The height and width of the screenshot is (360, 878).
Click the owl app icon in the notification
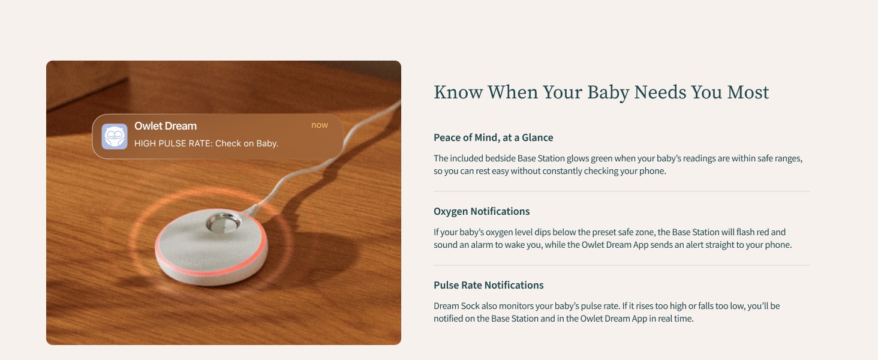[115, 136]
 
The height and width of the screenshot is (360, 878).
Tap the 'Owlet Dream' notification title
[166, 126]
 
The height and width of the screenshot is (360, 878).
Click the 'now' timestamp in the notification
[320, 125]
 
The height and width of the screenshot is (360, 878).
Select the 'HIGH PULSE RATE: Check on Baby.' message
[206, 143]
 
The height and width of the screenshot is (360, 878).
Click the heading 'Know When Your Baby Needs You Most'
[601, 92]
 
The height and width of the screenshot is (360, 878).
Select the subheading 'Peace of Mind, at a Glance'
[493, 137]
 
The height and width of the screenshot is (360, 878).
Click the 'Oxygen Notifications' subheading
[482, 211]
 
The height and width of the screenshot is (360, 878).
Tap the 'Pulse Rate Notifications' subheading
[488, 285]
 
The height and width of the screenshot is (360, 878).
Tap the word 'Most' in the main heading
[748, 92]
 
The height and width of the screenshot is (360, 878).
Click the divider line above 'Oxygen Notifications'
[621, 191]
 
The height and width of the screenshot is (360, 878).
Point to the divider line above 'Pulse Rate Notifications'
[621, 265]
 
